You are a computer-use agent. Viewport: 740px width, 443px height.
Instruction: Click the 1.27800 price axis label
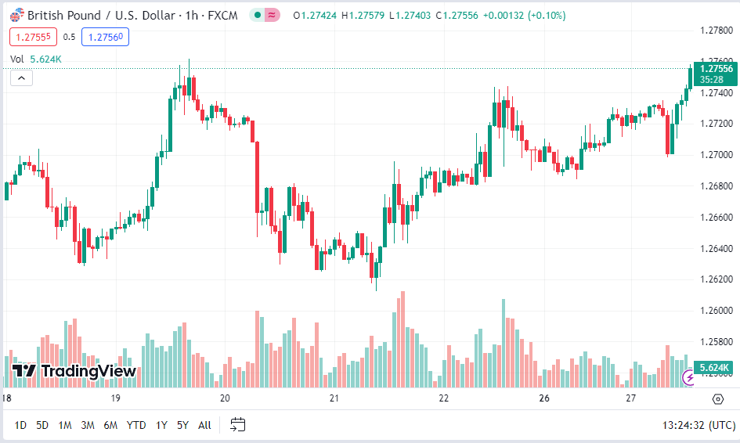[716, 31]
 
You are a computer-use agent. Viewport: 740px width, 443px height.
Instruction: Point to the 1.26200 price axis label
[716, 279]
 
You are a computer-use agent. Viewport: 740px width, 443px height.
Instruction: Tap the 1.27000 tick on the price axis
[716, 155]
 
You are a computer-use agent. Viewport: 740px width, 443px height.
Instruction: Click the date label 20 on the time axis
[225, 398]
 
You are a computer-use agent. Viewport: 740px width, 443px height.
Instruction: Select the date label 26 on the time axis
[545, 398]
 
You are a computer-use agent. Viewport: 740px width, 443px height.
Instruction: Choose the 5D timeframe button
[42, 425]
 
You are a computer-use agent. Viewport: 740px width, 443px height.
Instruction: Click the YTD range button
[136, 425]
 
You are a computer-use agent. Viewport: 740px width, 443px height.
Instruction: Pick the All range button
[204, 425]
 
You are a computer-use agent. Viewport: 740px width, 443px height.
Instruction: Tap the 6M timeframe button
[110, 425]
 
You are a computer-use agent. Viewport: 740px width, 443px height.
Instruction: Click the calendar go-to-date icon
[238, 425]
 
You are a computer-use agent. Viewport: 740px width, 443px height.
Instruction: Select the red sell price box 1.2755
[32, 36]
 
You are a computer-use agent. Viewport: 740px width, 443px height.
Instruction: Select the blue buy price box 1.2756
[104, 36]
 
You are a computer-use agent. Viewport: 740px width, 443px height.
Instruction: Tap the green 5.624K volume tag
[713, 367]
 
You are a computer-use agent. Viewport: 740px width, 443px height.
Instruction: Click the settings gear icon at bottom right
[718, 399]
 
